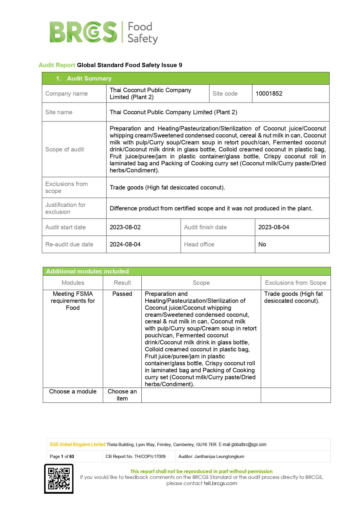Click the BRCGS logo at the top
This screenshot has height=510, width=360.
104,32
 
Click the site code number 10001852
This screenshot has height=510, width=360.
269,94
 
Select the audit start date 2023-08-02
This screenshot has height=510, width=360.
125,227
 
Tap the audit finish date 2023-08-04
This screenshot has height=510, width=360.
273,227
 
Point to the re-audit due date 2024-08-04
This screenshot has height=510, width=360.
125,244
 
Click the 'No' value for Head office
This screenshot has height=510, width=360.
262,244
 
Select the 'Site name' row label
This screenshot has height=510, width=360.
59,112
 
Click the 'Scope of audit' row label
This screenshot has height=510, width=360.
64,149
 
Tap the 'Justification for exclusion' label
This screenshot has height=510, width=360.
65,208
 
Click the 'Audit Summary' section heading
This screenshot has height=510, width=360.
89,78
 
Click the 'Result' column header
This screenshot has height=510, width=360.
122,283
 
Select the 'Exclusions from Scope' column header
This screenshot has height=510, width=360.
296,283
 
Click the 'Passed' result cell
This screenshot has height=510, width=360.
122,294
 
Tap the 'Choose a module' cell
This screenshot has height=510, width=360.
73,391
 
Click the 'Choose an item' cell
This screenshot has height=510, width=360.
122,395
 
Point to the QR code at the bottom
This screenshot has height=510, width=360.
59,479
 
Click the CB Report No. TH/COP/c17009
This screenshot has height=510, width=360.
136,457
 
